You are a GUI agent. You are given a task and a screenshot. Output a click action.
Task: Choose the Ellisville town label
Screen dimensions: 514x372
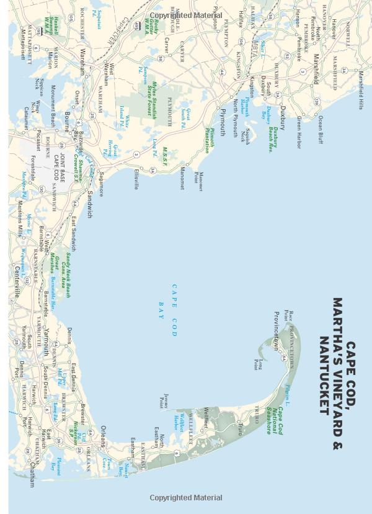(136, 179)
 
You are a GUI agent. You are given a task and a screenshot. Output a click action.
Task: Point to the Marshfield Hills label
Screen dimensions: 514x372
(361, 91)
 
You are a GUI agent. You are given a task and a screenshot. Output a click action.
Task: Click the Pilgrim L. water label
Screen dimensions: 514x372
(288, 392)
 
